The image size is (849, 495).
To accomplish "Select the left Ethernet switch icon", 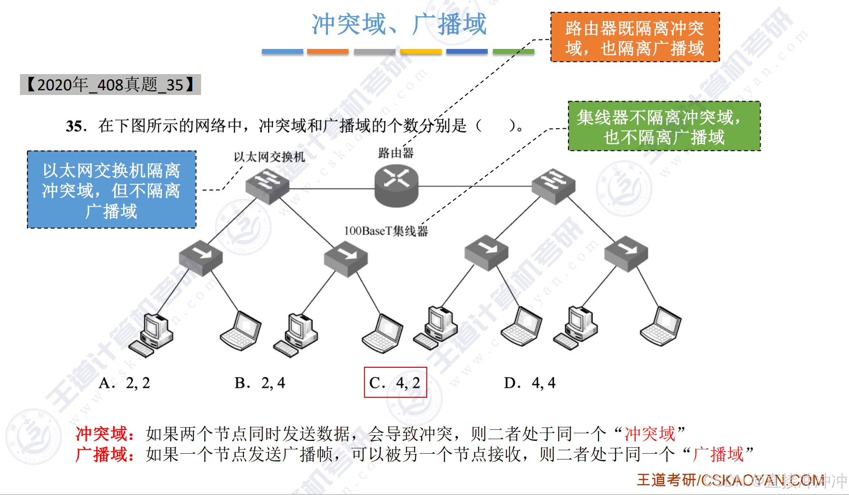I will point(267,186).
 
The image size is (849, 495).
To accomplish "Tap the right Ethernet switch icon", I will point(553,186).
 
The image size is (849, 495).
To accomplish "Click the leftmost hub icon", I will point(201,258).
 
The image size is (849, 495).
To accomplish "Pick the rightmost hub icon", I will point(626,254).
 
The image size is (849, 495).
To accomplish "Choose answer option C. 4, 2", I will point(395,382).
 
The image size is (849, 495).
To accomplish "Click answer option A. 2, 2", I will point(124,383).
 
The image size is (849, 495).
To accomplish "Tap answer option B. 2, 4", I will point(260,383).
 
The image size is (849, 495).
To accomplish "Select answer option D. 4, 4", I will point(530,383).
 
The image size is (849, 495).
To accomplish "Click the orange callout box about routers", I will point(635,38).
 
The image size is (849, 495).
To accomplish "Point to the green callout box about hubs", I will point(664,126).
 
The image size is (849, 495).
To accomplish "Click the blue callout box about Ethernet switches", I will point(111,190).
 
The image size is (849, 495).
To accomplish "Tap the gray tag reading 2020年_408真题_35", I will point(110,85).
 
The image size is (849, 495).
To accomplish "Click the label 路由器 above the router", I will point(396,153).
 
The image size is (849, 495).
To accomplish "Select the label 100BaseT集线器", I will point(386,231).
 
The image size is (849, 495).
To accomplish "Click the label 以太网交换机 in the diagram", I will point(269,157).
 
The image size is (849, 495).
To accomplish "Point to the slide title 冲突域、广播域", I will point(399,24).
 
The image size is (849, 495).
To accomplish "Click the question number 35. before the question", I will point(76,126).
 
